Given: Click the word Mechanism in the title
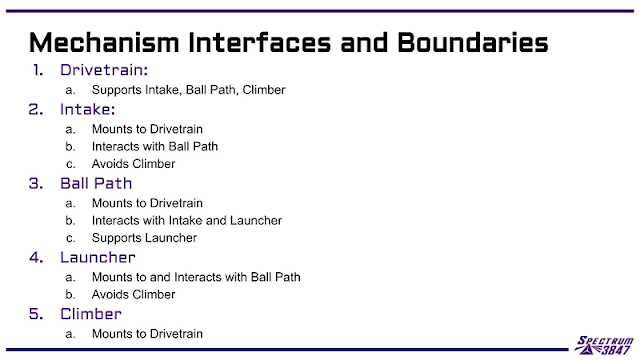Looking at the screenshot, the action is (x=104, y=42).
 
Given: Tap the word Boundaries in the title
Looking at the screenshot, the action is (x=473, y=42).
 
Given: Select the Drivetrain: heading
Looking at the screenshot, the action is (x=104, y=70).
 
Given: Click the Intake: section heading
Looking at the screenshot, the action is (x=87, y=109).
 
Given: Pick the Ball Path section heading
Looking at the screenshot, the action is (x=96, y=183).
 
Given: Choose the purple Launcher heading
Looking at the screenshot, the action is (x=98, y=257).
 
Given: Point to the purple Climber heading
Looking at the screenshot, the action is (x=91, y=314).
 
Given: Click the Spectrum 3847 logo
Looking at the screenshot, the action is (x=604, y=345).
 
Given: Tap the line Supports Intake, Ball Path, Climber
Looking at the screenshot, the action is (x=188, y=90).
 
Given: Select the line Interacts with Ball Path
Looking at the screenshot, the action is (x=155, y=146).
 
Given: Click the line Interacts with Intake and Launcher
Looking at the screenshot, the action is (x=187, y=220).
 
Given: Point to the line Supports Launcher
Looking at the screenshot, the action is (x=144, y=238).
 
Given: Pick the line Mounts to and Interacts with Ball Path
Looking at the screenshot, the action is (x=196, y=277).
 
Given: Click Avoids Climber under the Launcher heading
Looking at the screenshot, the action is (x=133, y=294).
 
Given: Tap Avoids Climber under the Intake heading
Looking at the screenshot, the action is (x=133, y=164).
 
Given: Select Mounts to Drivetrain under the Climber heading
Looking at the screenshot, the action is (x=147, y=333).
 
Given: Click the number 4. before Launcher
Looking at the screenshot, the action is (x=36, y=257).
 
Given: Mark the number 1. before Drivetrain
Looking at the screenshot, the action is (x=38, y=70).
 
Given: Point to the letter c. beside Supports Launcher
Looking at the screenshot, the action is (x=70, y=238).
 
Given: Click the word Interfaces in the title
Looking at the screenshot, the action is (x=260, y=42).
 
